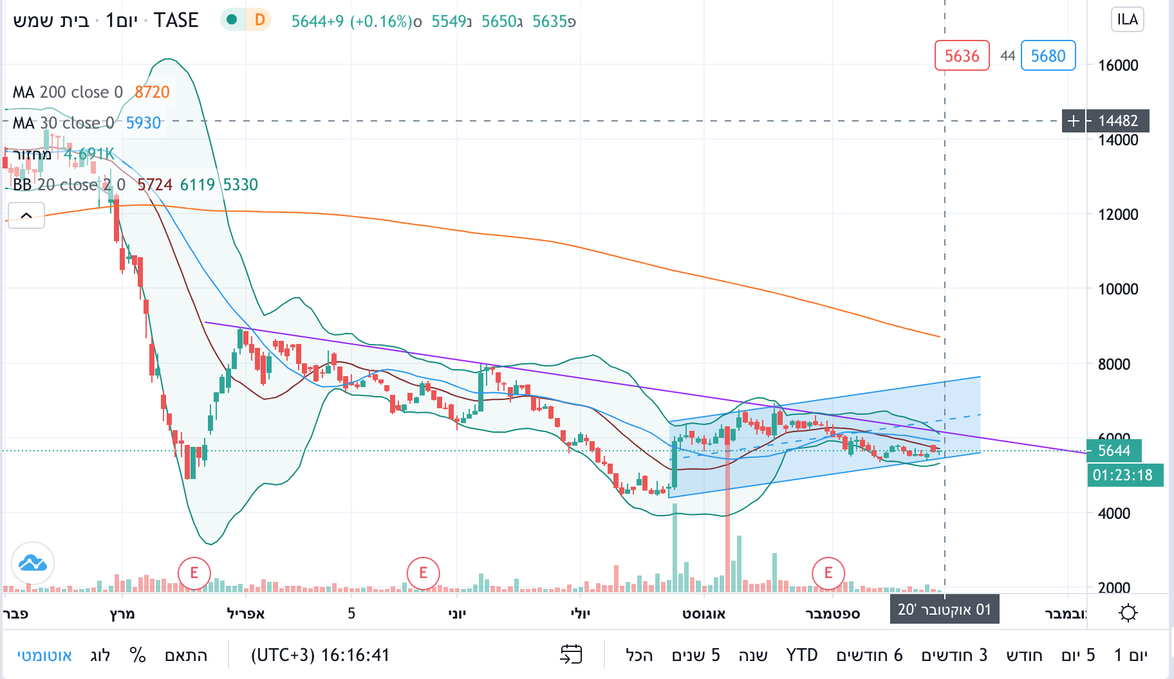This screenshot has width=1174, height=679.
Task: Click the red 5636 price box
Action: coord(962,56)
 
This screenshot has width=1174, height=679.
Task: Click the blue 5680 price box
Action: coord(1048,56)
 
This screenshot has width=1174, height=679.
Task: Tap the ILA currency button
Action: coord(1127,19)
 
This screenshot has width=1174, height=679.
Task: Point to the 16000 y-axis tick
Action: coord(1118,65)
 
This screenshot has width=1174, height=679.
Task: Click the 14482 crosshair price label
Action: coord(1117,121)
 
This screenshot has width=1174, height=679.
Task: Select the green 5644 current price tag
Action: coord(1113,451)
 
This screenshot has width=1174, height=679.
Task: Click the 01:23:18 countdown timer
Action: coord(1123,475)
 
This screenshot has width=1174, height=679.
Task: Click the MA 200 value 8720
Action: coord(152,92)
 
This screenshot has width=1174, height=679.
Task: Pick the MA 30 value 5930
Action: coord(143,123)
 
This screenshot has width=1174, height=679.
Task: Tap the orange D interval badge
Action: coord(259,20)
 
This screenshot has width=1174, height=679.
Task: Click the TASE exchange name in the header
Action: coord(176,21)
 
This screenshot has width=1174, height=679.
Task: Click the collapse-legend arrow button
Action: coord(26,215)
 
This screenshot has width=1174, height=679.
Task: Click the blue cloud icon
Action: coord(33,563)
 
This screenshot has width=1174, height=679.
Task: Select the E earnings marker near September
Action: coord(828,572)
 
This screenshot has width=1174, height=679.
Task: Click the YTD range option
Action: coord(801,655)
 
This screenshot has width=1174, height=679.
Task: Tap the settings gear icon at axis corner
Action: coord(1128,613)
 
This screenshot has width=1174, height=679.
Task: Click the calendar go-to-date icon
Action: coord(571,655)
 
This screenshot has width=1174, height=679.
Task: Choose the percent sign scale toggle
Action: coord(137,655)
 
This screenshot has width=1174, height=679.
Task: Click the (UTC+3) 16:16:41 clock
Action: coord(320,655)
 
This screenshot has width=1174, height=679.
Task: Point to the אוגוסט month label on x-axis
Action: coord(703,613)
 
